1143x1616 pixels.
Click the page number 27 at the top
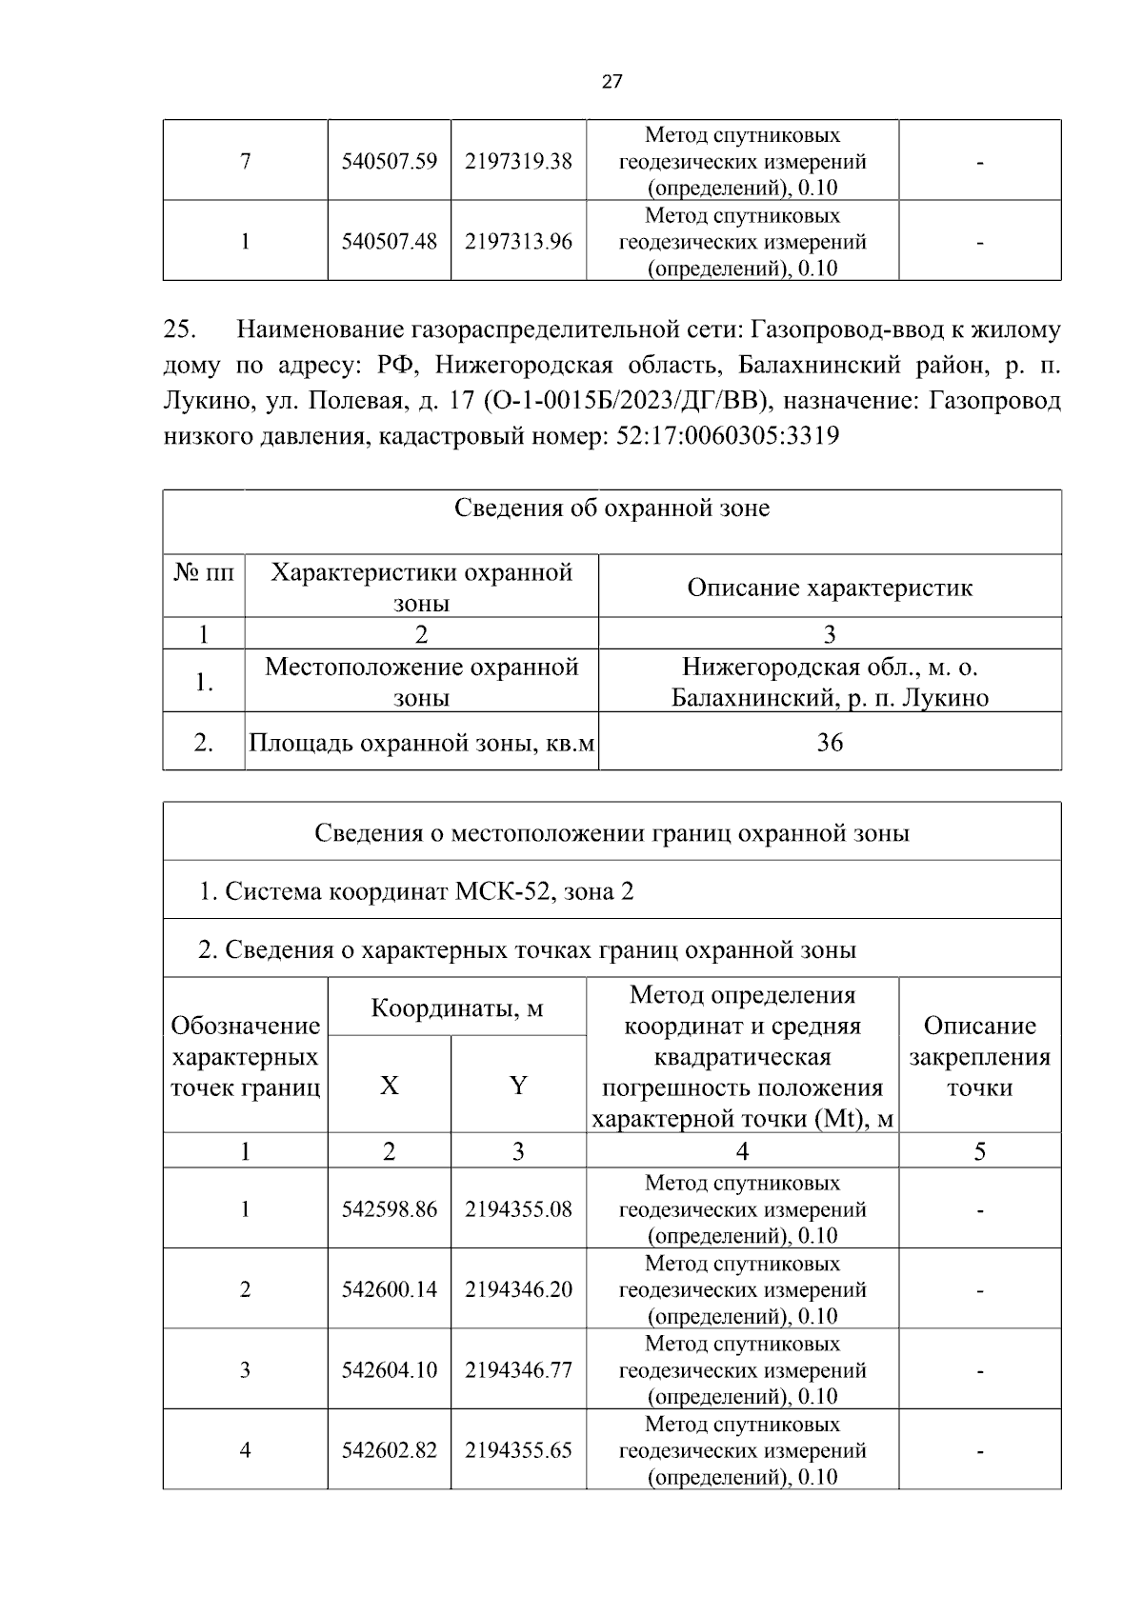(x=612, y=81)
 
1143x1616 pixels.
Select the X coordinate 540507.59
(x=389, y=161)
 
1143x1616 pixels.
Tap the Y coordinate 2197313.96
(x=518, y=242)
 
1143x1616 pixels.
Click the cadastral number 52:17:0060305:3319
(x=722, y=436)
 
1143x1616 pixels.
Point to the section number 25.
(x=180, y=329)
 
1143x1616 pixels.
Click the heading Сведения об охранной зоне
(x=612, y=508)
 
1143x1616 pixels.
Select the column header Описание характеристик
(x=830, y=587)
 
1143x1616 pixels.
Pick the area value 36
(x=830, y=742)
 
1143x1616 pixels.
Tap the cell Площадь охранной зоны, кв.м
(x=421, y=742)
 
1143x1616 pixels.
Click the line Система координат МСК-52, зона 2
(x=416, y=891)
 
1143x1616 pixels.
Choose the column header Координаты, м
(x=456, y=1008)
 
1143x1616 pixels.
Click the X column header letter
(x=389, y=1086)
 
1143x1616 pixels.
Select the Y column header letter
(x=518, y=1086)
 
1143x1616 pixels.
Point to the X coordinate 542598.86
(x=389, y=1209)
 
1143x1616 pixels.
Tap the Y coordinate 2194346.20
(x=518, y=1289)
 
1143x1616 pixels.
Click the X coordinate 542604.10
(x=389, y=1370)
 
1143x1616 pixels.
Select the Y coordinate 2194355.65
(x=518, y=1450)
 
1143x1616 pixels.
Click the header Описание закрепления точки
(x=979, y=1056)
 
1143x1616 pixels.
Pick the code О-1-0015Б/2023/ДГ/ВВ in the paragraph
(x=626, y=401)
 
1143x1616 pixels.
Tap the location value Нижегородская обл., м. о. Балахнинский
(x=830, y=682)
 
